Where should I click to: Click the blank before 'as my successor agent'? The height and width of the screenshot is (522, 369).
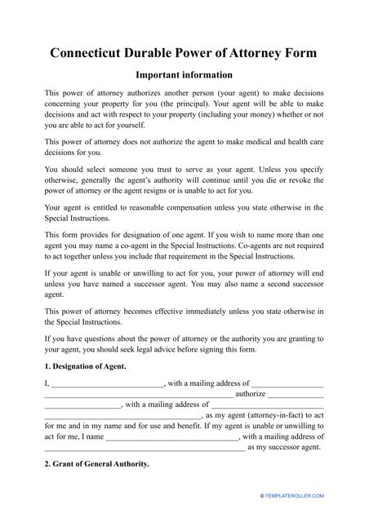tap(144, 447)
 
